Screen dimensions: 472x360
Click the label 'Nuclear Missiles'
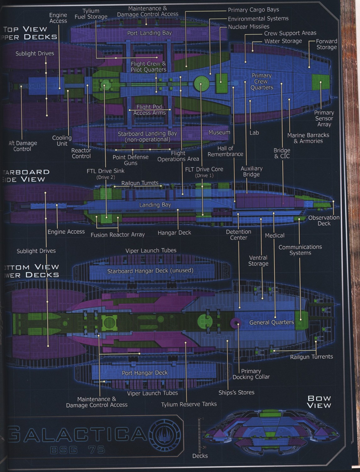[249, 27]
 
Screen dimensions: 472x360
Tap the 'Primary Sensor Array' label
[324, 118]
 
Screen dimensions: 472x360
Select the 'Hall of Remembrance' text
[225, 151]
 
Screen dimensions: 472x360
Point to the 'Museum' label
[219, 132]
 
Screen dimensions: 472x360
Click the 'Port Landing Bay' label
[149, 33]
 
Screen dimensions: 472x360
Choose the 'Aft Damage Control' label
[23, 146]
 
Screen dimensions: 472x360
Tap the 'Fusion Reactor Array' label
[118, 234]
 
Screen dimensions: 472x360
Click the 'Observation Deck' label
[324, 220]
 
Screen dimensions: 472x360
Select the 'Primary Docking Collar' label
[251, 374]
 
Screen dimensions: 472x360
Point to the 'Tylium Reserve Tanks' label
[189, 404]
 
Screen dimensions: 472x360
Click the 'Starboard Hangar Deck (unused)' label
[150, 271]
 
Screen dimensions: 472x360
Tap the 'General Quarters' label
[272, 322]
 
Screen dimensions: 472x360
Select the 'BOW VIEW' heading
[319, 402]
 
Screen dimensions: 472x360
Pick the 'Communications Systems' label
[300, 250]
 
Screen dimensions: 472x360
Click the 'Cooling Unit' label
[62, 140]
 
